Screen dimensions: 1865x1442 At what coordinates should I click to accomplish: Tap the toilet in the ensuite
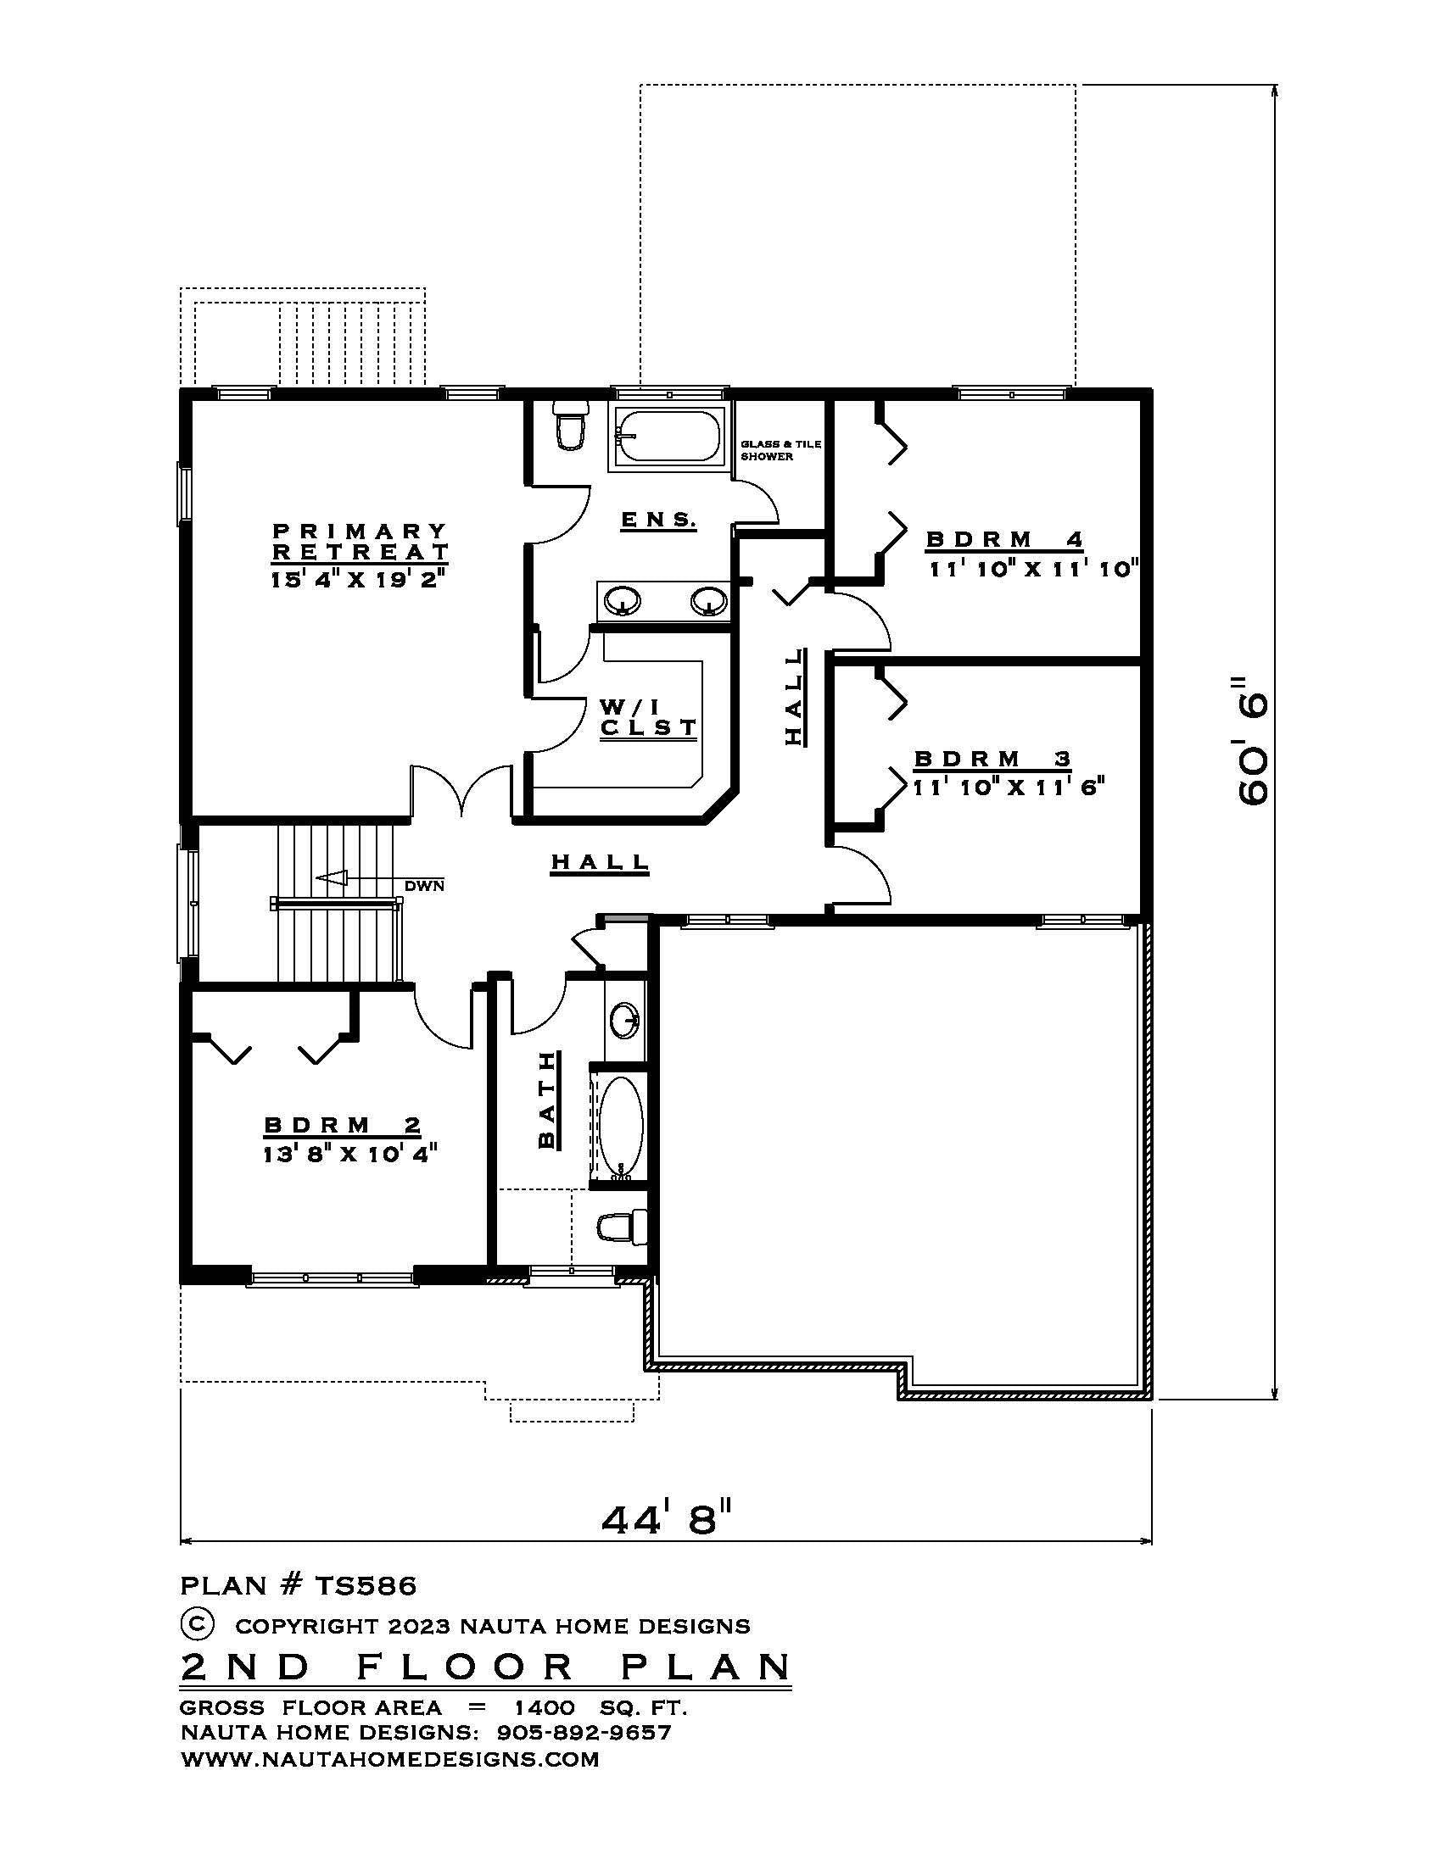[569, 427]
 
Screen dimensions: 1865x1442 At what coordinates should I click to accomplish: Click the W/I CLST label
[648, 717]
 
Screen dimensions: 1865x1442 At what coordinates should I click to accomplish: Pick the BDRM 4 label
[1004, 540]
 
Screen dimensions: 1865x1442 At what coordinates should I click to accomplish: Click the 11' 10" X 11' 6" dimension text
[1009, 788]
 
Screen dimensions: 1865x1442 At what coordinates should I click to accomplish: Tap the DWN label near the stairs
[425, 886]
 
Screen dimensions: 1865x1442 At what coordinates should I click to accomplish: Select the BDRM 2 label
[343, 1125]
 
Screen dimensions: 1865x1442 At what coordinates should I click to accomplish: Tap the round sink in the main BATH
[624, 1020]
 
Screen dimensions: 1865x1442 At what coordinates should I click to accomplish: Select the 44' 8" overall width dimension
[668, 1520]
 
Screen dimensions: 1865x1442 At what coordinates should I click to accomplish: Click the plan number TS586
[366, 1586]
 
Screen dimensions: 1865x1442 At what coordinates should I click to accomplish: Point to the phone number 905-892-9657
[584, 1733]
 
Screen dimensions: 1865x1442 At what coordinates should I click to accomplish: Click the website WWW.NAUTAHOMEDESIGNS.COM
[389, 1759]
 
